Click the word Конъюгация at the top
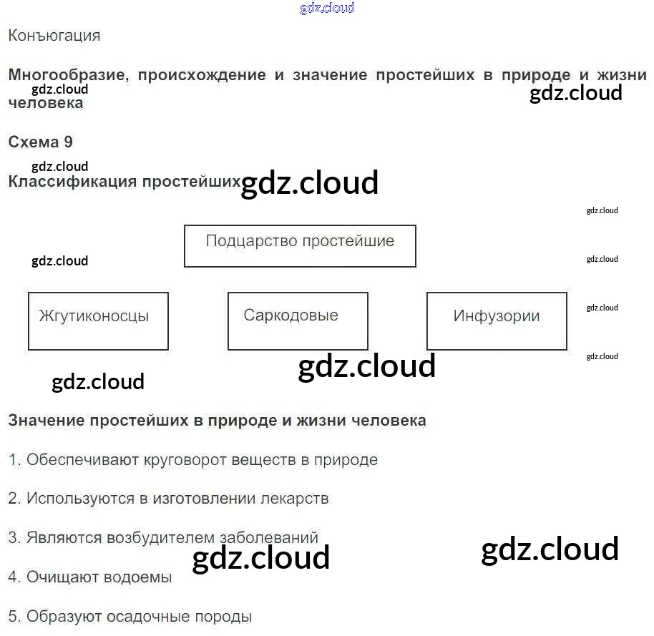pyautogui.click(x=54, y=36)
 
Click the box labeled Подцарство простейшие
pyautogui.click(x=300, y=246)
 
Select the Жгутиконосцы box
pyautogui.click(x=98, y=321)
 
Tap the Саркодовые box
pyautogui.click(x=298, y=321)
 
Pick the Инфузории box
pyautogui.click(x=497, y=321)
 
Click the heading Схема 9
pyautogui.click(x=40, y=142)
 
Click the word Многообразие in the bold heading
pyautogui.click(x=64, y=75)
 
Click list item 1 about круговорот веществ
pyautogui.click(x=192, y=460)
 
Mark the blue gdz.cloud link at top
pyautogui.click(x=327, y=9)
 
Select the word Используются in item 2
pyautogui.click(x=80, y=499)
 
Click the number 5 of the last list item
pyautogui.click(x=13, y=616)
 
